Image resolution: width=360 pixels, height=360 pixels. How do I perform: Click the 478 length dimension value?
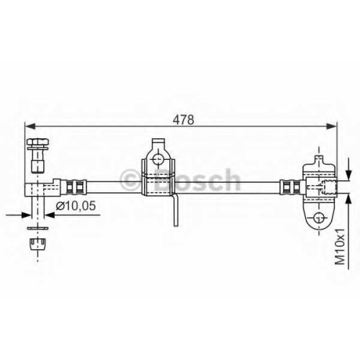(184, 120)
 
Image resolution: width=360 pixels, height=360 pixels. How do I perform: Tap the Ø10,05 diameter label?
(76, 206)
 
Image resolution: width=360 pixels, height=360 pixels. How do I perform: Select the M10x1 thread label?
(340, 246)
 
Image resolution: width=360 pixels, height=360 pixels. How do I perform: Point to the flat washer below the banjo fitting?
(37, 228)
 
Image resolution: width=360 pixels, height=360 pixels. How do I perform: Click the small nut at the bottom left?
(38, 244)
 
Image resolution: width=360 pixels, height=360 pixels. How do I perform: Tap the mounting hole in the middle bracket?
(158, 159)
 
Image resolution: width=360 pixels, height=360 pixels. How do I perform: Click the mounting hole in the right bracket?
(319, 218)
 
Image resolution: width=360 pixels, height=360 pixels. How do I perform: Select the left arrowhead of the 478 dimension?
(30, 126)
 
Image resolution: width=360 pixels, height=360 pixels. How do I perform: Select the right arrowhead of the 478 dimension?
(331, 126)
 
